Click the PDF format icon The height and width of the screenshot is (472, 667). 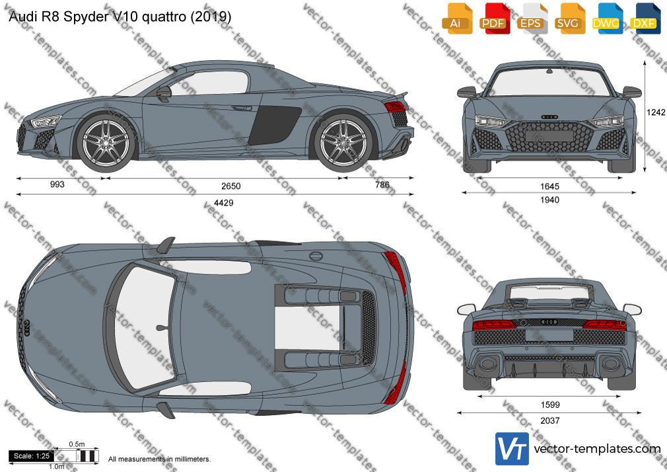point(493,19)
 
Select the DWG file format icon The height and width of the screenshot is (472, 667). point(606,19)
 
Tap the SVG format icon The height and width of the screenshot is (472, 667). point(569,19)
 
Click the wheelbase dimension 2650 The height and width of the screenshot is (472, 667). point(231,186)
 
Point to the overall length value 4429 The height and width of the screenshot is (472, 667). point(224,203)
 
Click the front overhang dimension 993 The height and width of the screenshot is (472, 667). point(57,184)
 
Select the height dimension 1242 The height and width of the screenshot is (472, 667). point(656,112)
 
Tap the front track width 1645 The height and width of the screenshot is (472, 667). point(549,186)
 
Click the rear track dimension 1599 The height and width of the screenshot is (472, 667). point(550,405)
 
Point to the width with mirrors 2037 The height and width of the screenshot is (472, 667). point(550,421)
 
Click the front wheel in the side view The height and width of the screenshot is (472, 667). point(106,142)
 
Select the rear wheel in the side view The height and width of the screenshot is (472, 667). point(343,142)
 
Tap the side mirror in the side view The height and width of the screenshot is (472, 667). point(164,93)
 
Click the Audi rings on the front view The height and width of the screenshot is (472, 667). point(549,117)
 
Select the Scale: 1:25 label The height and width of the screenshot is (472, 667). point(32,456)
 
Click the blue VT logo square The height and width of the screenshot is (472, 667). point(512,449)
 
